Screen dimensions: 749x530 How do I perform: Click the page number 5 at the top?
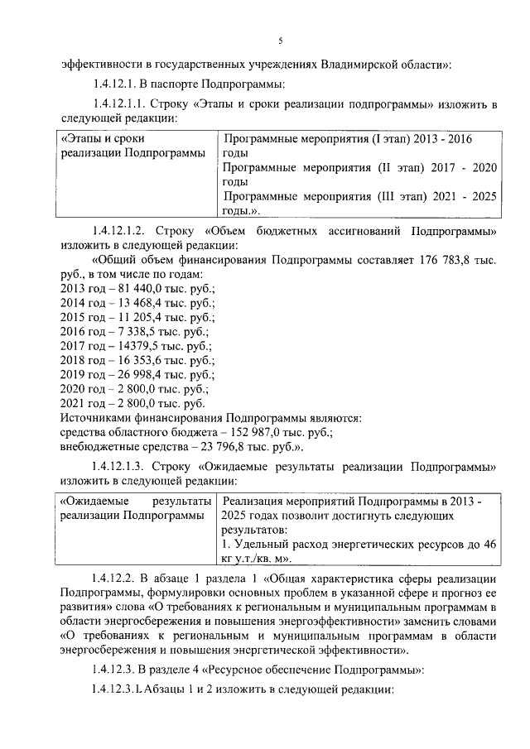(280, 41)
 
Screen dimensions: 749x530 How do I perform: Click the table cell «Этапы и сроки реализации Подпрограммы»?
(132, 146)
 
